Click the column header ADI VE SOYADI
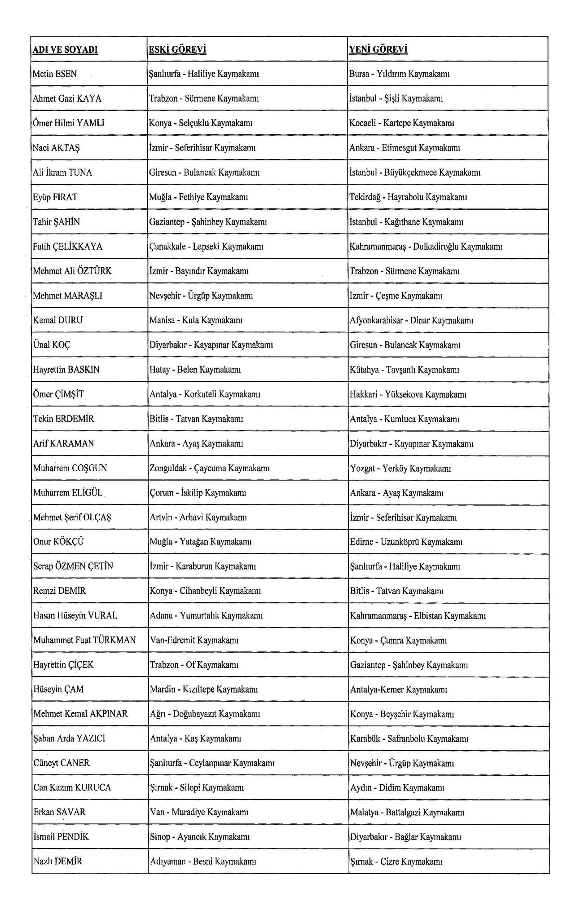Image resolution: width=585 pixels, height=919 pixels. (66, 49)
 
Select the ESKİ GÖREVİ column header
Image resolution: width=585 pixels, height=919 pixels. (177, 49)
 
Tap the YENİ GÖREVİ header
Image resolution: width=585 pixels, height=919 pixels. (378, 49)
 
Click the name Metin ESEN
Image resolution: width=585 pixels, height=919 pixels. (55, 74)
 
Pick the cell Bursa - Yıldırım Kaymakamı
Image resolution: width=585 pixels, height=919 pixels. (400, 74)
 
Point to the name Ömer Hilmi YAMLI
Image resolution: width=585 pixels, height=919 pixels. (69, 123)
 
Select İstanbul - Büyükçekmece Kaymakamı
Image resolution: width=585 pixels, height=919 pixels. (415, 172)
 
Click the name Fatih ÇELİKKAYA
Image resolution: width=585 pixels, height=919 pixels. (68, 247)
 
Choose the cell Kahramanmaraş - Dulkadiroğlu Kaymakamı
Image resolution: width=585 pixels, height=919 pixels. (426, 247)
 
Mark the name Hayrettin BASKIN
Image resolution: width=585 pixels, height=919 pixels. (66, 370)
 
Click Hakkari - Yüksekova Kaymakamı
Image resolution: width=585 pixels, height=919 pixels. (408, 394)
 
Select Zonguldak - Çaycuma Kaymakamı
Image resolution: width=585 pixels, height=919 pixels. (210, 468)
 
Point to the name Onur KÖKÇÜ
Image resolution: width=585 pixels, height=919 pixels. (58, 542)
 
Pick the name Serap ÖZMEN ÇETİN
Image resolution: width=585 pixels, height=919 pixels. (73, 566)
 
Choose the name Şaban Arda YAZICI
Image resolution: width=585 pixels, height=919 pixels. (69, 738)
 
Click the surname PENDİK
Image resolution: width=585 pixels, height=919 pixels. (73, 837)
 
